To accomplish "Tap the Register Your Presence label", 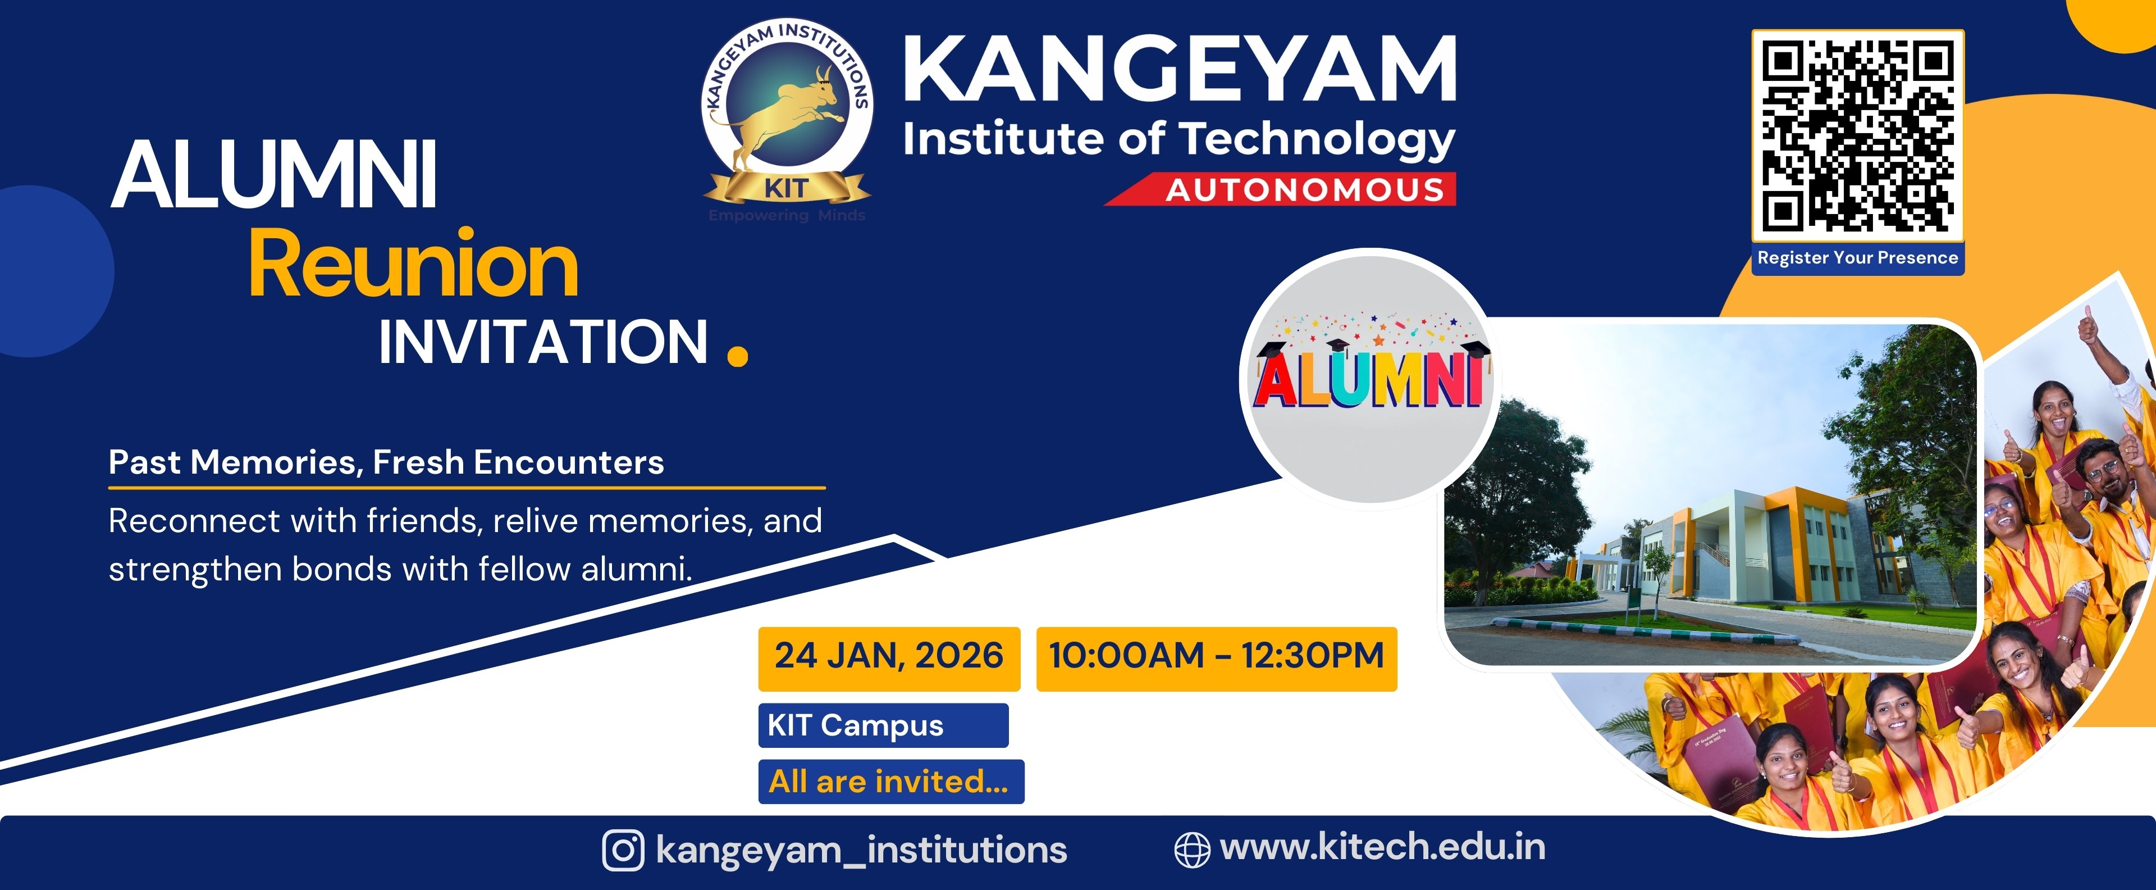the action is pyautogui.click(x=1857, y=258).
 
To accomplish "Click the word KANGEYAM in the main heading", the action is pyautogui.click(x=1179, y=70).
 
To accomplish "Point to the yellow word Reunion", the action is pyautogui.click(x=413, y=265).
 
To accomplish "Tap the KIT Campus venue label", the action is pyautogui.click(x=883, y=725).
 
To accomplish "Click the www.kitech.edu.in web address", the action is pyautogui.click(x=1383, y=847).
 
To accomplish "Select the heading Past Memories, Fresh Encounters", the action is pyautogui.click(x=386, y=462).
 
